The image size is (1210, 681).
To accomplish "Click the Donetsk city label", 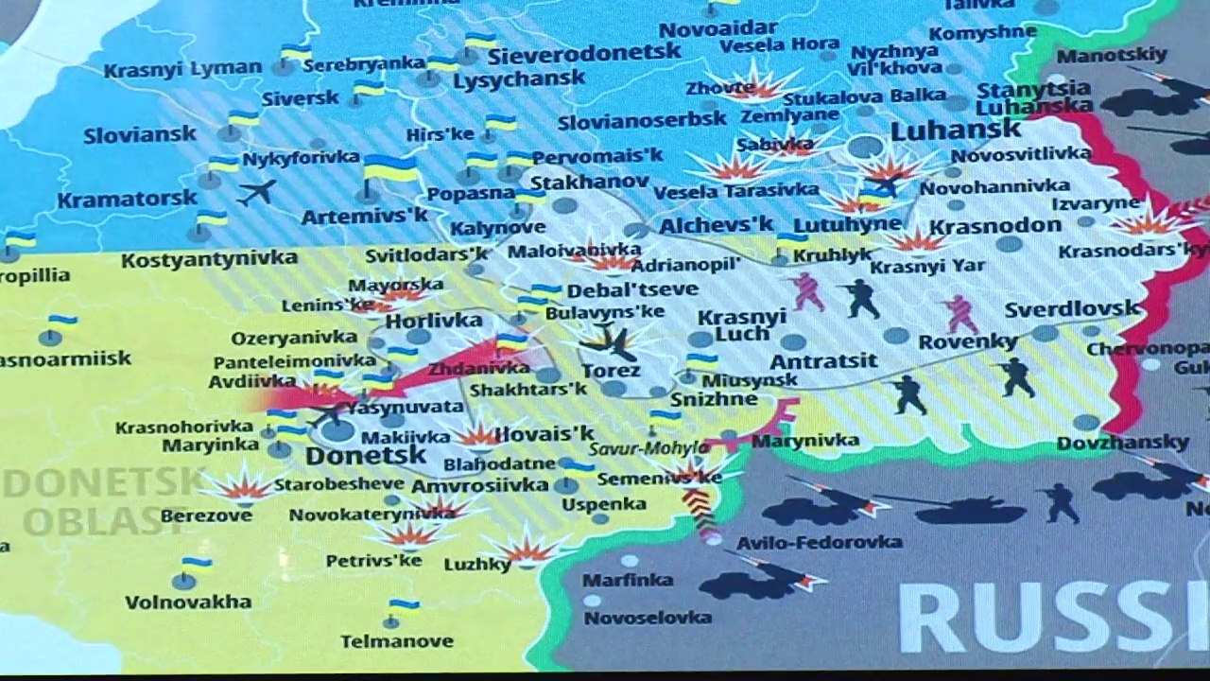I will point(366,456).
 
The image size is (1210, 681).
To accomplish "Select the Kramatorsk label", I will point(127,200).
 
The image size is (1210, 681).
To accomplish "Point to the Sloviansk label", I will point(139,134).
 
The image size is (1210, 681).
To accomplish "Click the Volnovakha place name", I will point(188,602).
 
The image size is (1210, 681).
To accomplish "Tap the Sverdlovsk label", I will point(1072,309).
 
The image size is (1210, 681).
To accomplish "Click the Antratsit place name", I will point(823,360).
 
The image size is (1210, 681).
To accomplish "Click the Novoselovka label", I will point(648,618).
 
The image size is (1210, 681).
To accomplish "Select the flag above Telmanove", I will point(404,605).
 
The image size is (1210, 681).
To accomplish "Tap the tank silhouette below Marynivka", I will point(969,511).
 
